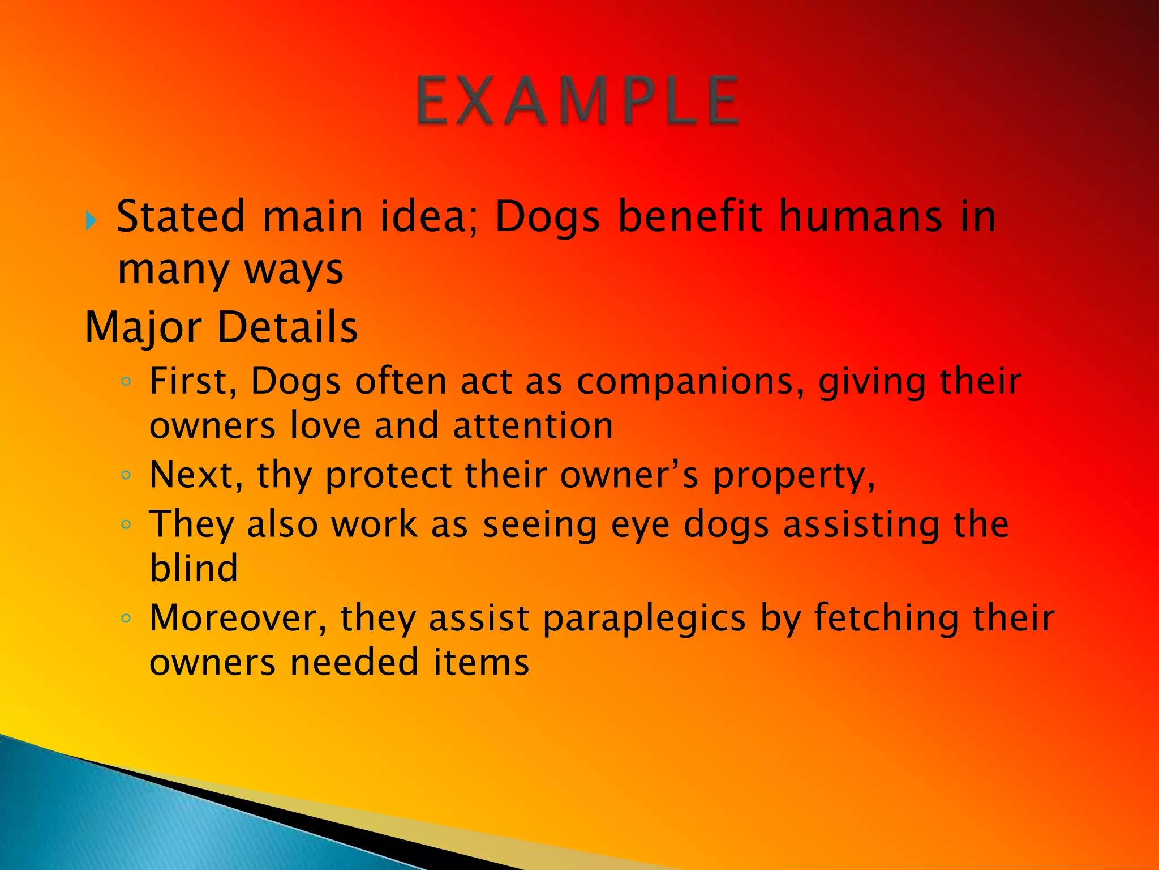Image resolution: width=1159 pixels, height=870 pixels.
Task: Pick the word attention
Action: point(533,426)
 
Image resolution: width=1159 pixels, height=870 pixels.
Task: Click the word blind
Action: point(194,568)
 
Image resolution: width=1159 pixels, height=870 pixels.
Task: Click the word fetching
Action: point(886,618)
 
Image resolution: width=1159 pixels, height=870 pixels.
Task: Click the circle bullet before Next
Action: point(126,475)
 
